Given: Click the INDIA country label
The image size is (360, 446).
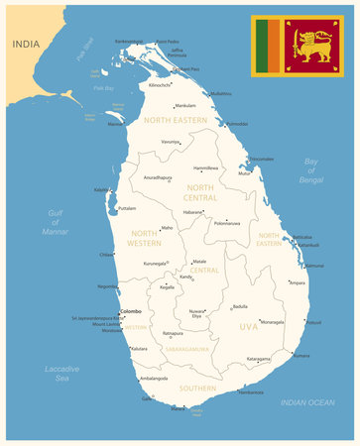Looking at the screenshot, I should click(27, 44).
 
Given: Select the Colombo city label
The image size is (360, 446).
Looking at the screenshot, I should click(131, 310).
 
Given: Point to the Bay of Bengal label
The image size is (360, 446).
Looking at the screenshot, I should click(312, 170).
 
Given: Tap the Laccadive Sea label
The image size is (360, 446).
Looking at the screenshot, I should click(61, 373).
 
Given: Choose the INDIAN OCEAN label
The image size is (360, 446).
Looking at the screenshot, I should click(307, 401).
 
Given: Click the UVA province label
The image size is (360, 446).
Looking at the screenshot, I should click(248, 326).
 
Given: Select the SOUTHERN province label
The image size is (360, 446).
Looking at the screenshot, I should click(197, 389).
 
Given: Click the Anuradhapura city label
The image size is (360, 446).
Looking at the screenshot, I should click(158, 178).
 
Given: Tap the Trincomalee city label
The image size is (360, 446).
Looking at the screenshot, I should click(261, 159).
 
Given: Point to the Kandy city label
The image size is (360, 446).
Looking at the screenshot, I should click(185, 277).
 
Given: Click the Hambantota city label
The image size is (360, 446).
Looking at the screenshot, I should click(251, 392).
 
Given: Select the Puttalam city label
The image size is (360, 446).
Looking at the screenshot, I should click(127, 208).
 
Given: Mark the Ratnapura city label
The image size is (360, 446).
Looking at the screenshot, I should click(173, 334).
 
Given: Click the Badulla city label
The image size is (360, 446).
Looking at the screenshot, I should click(240, 306).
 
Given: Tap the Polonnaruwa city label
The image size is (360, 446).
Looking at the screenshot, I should click(227, 223).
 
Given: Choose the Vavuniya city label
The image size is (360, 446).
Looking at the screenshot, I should click(171, 142).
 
